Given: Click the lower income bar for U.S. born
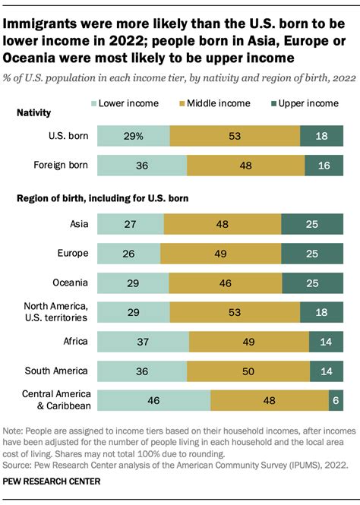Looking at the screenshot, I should tap(134, 136).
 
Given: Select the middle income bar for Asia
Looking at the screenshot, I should tap(222, 224).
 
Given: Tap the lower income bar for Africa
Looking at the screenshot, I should tap(144, 342).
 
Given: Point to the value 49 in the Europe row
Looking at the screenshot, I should tap(220, 254).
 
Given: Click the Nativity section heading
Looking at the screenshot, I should tap(34, 112).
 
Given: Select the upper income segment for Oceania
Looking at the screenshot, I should tap(311, 283).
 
